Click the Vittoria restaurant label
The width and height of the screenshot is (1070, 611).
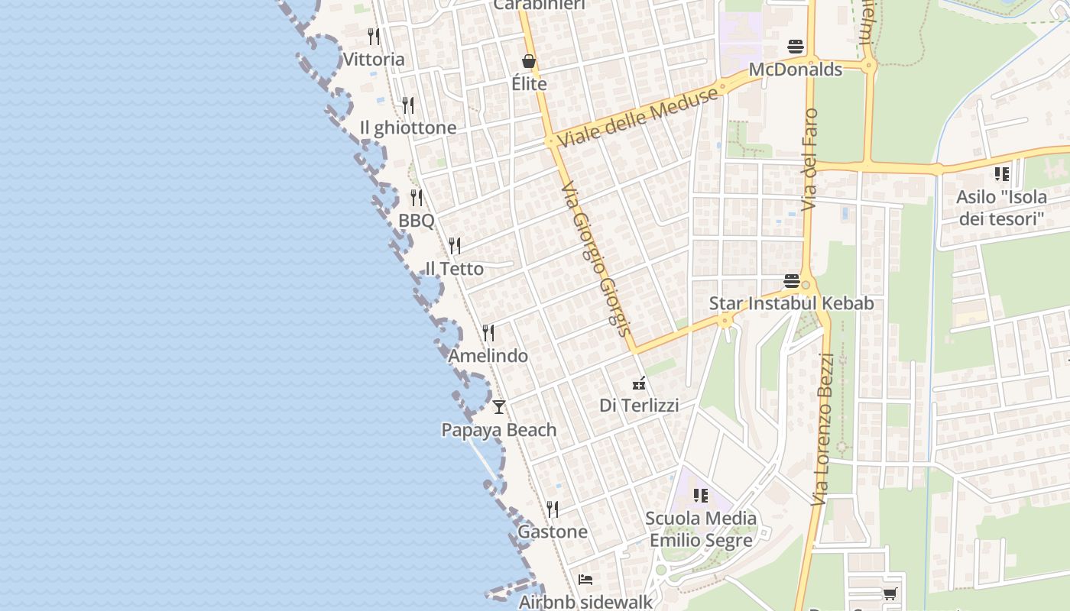point(374,59)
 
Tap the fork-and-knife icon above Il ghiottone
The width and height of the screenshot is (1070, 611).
point(408,105)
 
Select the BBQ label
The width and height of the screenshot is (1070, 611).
point(416,221)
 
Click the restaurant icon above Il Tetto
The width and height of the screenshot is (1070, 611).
point(455,245)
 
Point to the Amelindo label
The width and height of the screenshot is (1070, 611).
point(488,356)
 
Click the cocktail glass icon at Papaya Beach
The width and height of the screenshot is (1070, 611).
point(499,406)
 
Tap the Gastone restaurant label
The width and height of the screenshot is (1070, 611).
point(553,532)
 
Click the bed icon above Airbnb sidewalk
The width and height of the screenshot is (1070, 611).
point(585,580)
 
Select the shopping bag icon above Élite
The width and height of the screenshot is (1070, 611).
point(529,61)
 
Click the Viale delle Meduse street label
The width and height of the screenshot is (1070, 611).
point(638,117)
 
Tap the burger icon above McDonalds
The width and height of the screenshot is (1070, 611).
point(796,47)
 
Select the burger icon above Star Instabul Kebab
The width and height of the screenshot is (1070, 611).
point(792,280)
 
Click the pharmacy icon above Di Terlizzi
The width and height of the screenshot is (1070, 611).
point(639,383)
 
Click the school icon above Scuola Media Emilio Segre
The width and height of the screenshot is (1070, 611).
point(701,496)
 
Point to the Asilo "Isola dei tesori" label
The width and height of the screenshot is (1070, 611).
point(1001,208)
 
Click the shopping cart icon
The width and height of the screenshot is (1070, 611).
point(890,593)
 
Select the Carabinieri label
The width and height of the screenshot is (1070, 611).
point(539,5)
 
